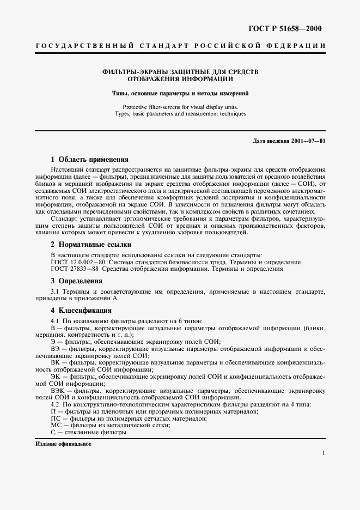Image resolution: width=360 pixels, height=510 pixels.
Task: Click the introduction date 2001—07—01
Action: pos(308,141)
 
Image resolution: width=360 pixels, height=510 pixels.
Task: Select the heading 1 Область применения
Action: pos(89,160)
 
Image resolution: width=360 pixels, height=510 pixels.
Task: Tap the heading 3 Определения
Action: pos(77,281)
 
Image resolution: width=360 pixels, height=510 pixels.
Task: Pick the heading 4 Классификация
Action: pos(82,311)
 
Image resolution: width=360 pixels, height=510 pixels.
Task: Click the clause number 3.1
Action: pos(54,293)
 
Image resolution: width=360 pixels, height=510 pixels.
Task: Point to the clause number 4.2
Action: pos(54,405)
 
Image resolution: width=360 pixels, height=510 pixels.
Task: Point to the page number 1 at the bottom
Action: pos(324,454)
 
